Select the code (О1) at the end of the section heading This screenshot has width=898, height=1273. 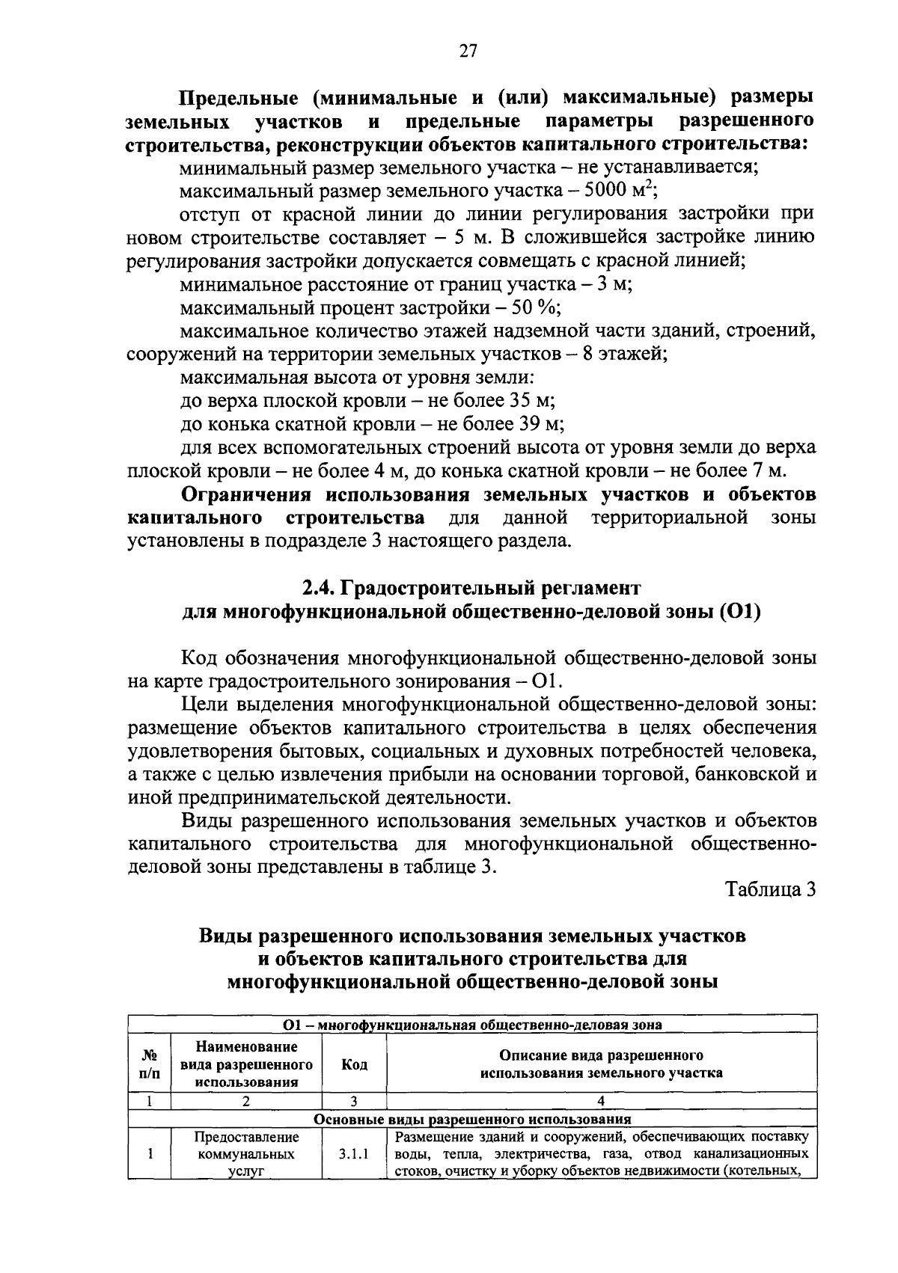(740, 612)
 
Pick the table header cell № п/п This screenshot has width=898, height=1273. (150, 1064)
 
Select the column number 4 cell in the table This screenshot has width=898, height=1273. (601, 1100)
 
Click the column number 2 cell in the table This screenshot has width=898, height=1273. (245, 1100)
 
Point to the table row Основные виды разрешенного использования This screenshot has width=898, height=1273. (472, 1119)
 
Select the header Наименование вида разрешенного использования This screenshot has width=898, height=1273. (246, 1064)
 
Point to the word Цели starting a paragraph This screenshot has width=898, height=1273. (207, 705)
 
